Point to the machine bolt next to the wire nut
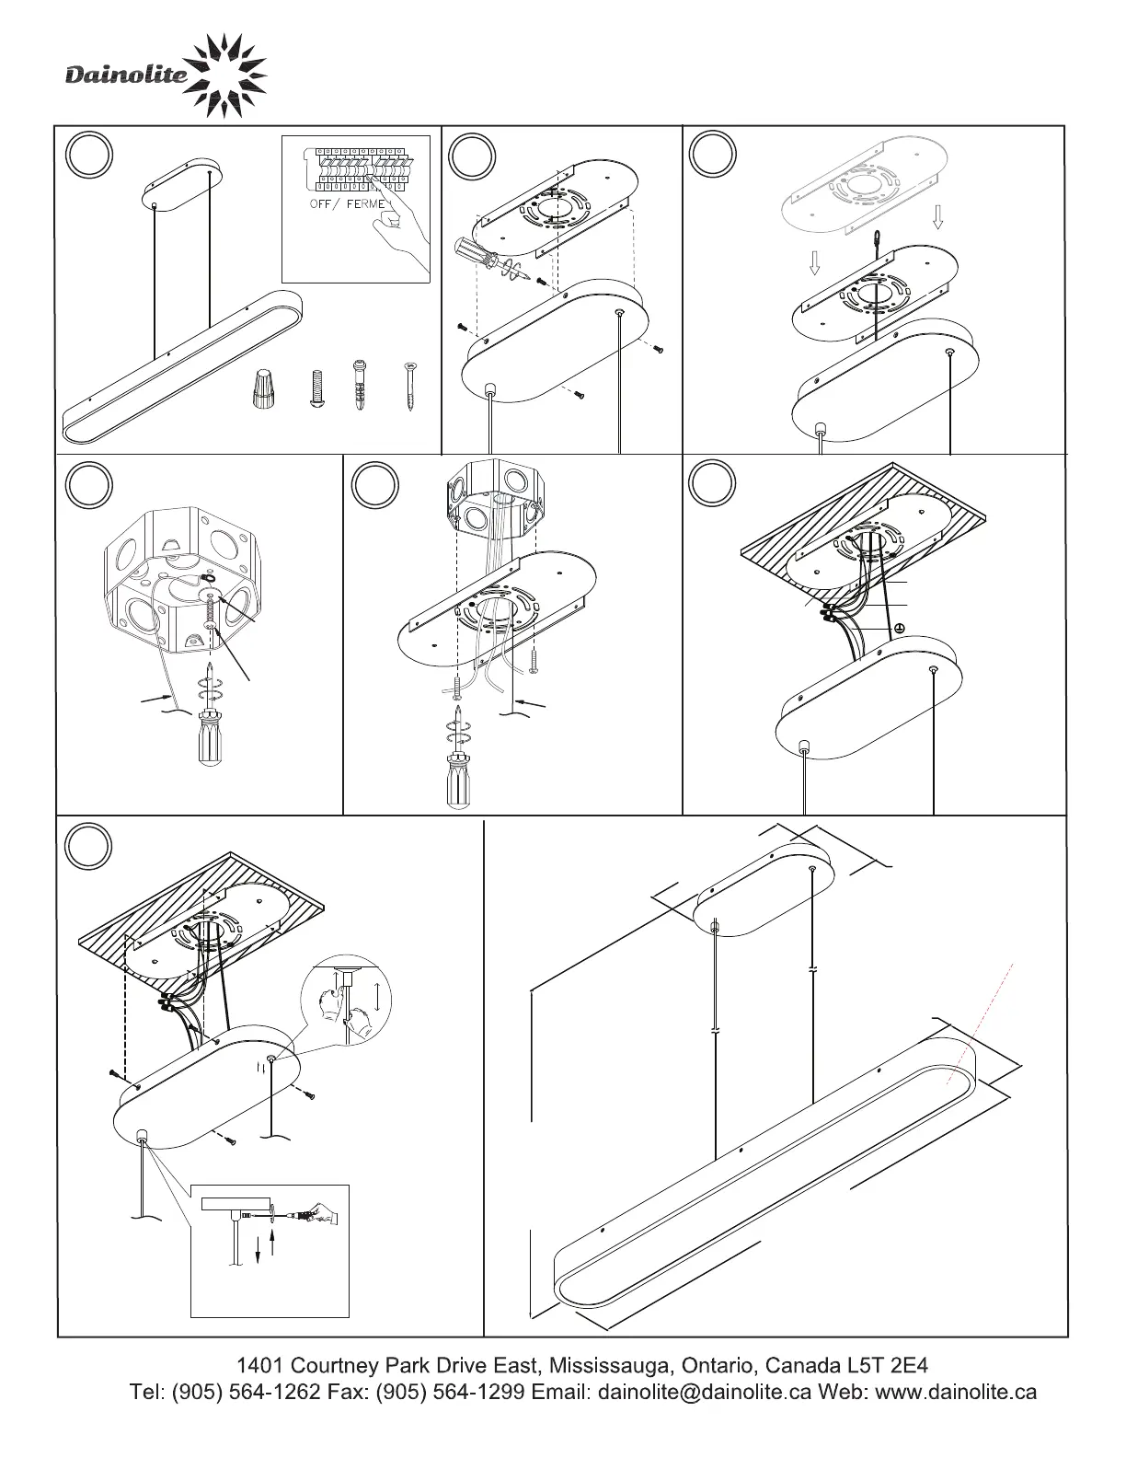(x=315, y=388)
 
